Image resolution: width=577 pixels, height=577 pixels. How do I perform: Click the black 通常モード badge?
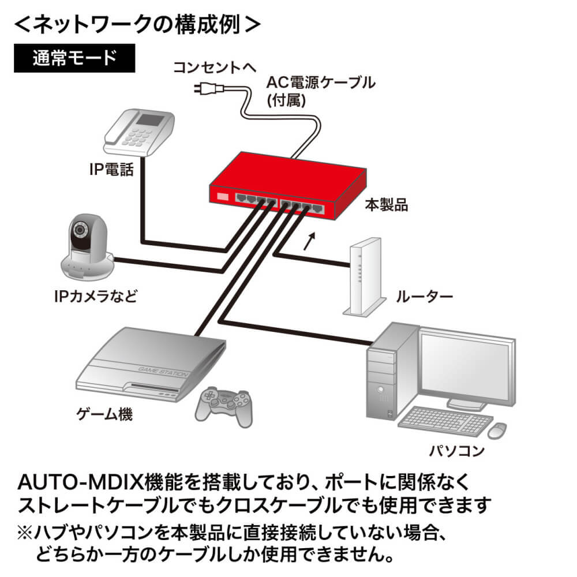click(74, 58)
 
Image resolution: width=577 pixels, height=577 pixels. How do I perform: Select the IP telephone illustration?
click(139, 133)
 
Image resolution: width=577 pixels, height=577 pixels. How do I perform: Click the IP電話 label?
click(111, 170)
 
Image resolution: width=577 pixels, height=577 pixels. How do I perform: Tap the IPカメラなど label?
click(96, 296)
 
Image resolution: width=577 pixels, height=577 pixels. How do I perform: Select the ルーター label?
click(424, 297)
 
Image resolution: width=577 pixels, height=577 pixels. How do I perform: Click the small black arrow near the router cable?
click(310, 241)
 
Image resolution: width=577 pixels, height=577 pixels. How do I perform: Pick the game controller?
click(224, 406)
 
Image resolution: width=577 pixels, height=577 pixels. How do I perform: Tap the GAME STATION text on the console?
click(163, 372)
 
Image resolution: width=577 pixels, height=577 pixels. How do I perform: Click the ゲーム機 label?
click(104, 414)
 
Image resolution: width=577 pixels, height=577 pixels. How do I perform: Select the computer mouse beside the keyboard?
click(497, 430)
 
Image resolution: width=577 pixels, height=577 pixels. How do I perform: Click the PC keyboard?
click(445, 421)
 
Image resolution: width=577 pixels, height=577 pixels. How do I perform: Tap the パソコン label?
click(457, 451)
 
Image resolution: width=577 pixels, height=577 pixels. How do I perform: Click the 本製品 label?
click(387, 205)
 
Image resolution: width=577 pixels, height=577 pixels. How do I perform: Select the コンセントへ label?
click(215, 68)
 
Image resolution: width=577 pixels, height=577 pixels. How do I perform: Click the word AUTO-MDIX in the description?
click(80, 482)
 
